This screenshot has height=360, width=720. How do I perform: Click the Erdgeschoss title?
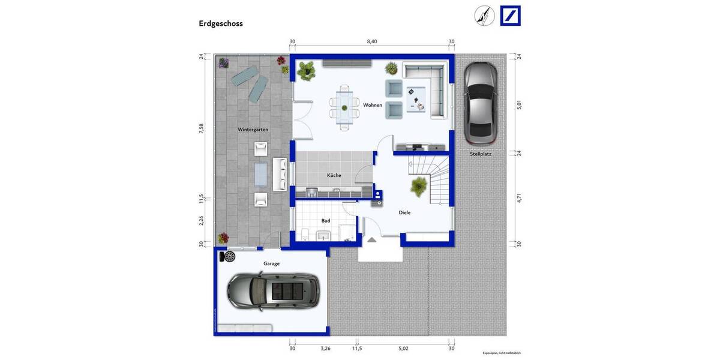click(221, 23)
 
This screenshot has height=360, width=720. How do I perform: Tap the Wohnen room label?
click(372, 105)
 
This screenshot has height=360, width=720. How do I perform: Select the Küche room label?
click(334, 175)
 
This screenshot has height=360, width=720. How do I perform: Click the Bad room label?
click(325, 221)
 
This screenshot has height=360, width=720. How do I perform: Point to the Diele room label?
click(405, 212)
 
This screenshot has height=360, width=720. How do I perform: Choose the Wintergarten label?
click(253, 130)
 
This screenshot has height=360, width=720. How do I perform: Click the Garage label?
click(271, 263)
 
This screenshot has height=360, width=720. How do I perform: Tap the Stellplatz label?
click(481, 154)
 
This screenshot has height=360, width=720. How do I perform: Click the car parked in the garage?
click(272, 292)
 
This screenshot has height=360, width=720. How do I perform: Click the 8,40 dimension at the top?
click(372, 41)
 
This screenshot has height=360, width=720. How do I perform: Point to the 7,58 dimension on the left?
click(202, 130)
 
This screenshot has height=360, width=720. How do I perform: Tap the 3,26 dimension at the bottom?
click(325, 348)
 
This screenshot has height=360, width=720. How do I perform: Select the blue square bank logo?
click(510, 16)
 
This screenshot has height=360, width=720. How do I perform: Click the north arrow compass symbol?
click(485, 16)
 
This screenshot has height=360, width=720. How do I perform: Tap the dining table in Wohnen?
click(344, 107)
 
